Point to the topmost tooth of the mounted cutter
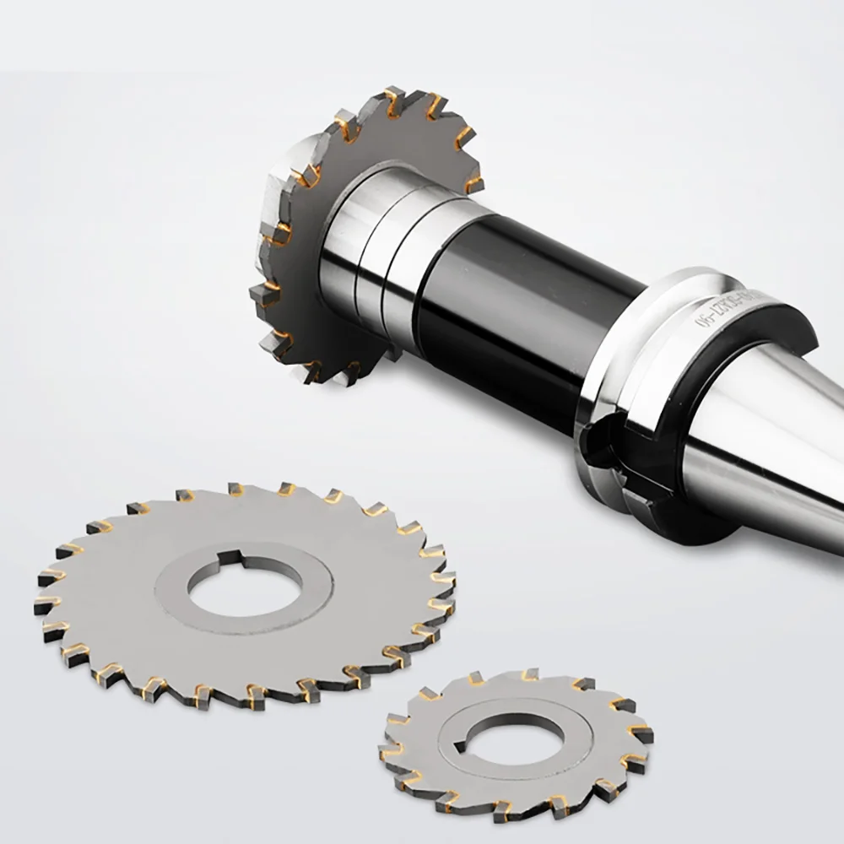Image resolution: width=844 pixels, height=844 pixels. (392, 100)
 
